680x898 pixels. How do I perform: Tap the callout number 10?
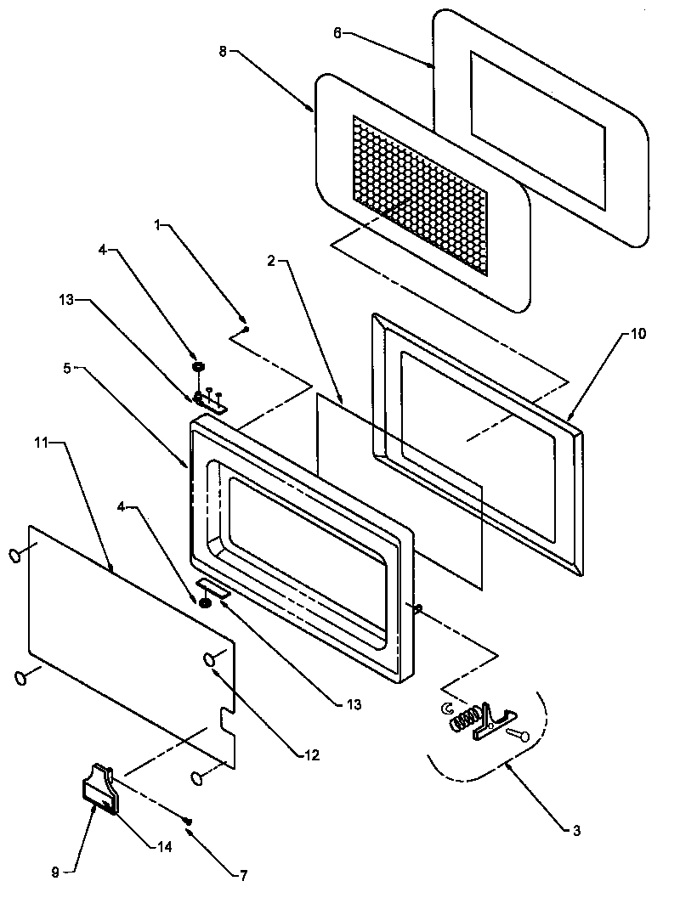637,334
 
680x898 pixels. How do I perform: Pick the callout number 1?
158,227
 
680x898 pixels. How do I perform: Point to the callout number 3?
576,830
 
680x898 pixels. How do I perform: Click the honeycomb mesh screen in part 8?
420,195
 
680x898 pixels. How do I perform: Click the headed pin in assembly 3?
518,734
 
